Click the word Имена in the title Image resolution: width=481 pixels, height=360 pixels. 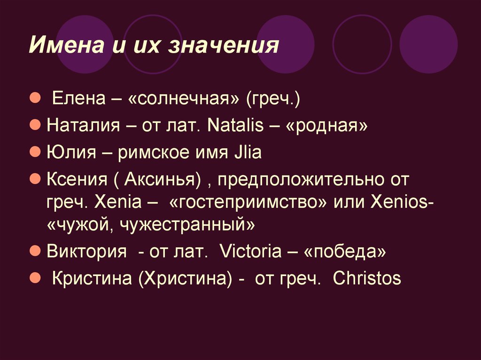(67, 45)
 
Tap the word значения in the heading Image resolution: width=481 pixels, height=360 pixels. (224, 46)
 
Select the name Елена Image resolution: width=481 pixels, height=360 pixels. (79, 99)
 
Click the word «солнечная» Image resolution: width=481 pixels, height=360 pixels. (184, 99)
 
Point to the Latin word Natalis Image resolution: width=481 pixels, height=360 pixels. (235, 125)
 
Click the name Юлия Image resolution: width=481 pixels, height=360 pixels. (71, 152)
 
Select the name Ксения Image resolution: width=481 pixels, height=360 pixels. (77, 179)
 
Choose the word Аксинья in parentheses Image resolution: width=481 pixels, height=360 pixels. (160, 179)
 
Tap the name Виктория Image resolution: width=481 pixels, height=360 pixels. (86, 252)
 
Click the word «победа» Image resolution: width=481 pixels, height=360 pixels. (345, 252)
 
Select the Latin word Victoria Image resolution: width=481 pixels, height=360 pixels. (251, 251)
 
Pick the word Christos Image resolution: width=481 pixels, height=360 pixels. (367, 278)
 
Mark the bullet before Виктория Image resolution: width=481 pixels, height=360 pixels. (35, 251)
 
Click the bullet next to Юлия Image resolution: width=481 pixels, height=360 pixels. (35, 152)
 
